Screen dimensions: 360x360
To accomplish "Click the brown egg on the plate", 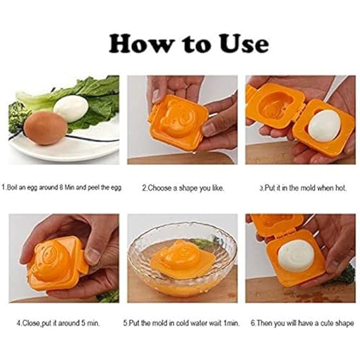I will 45,128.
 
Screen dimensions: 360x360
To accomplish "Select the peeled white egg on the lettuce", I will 70,108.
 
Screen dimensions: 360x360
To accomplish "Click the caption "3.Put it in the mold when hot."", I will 302,187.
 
